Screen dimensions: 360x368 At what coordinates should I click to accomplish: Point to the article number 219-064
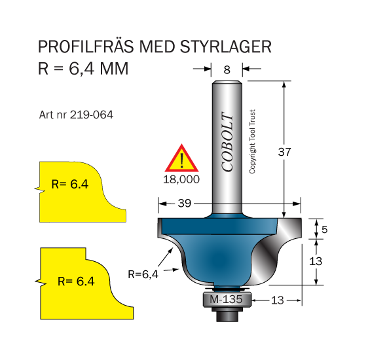click(x=77, y=115)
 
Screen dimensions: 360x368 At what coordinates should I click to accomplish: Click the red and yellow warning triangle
click(x=182, y=159)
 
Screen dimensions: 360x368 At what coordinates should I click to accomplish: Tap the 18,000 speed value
click(x=182, y=178)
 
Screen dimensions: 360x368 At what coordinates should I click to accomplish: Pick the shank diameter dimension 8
click(x=227, y=68)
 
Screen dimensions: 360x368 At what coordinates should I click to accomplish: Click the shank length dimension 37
click(x=284, y=151)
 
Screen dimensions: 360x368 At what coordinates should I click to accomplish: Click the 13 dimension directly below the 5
click(x=317, y=261)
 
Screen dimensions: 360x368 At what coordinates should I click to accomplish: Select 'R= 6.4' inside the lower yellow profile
click(x=77, y=281)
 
